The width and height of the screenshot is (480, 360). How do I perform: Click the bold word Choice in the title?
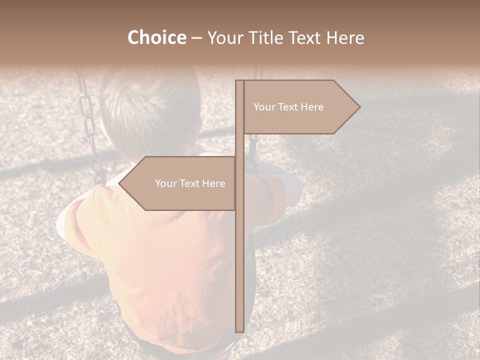(x=156, y=37)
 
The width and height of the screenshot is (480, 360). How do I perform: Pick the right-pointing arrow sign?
(x=300, y=107)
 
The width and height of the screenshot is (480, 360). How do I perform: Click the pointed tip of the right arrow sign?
(x=358, y=107)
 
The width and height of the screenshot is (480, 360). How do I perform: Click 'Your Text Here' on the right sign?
(x=288, y=107)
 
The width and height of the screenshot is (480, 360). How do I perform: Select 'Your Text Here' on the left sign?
(x=190, y=183)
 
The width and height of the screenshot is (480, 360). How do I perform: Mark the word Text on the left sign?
(x=190, y=183)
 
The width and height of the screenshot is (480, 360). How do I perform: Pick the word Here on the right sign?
(x=312, y=107)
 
